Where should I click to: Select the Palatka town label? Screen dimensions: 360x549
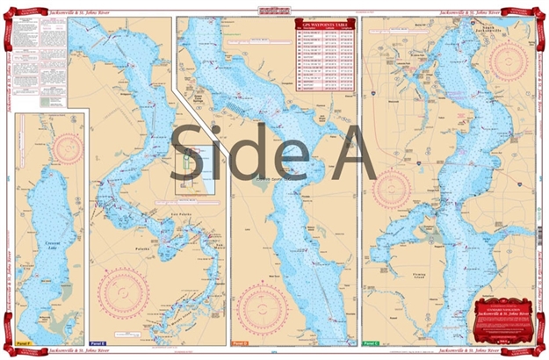pyautogui.click(x=133, y=249)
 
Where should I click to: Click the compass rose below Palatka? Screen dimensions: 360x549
pyautogui.click(x=133, y=294)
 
